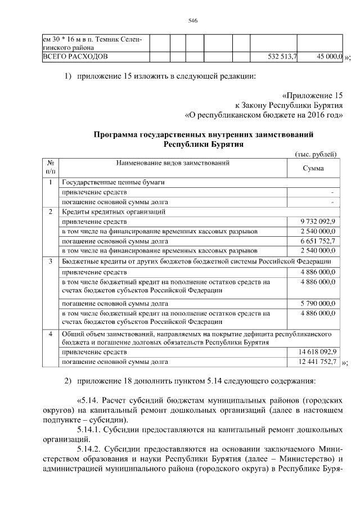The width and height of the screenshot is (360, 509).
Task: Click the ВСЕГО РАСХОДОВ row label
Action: click(76, 57)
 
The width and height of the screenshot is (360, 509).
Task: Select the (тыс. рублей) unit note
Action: click(316, 154)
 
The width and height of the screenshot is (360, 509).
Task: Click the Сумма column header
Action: click(313, 168)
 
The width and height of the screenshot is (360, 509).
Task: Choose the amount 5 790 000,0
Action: click(318, 303)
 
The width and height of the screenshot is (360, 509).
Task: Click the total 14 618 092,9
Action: click(317, 352)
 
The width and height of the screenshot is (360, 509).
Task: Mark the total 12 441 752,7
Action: click(317, 362)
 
